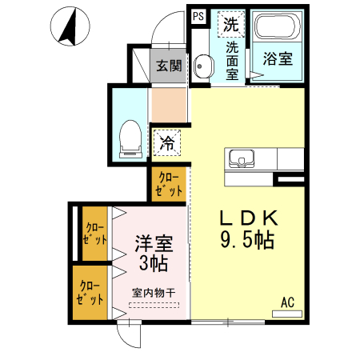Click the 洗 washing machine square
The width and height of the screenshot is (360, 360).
pyautogui.click(x=231, y=23)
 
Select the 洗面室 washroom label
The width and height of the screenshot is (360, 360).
pyautogui.click(x=231, y=59)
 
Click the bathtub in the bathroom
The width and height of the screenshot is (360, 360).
pyautogui.click(x=277, y=31)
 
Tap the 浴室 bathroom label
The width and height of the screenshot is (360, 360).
pyautogui.click(x=277, y=58)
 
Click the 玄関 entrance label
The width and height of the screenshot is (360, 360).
pyautogui.click(x=168, y=66)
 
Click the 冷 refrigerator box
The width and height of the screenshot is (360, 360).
pyautogui.click(x=167, y=144)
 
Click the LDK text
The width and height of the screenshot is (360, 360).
pyautogui.click(x=248, y=218)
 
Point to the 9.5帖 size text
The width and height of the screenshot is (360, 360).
pyautogui.click(x=248, y=239)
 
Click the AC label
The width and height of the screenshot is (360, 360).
pyautogui.click(x=287, y=302)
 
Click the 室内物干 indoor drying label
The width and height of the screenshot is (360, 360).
pyautogui.click(x=154, y=293)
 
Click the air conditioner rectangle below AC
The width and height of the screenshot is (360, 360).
pyautogui.click(x=287, y=314)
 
